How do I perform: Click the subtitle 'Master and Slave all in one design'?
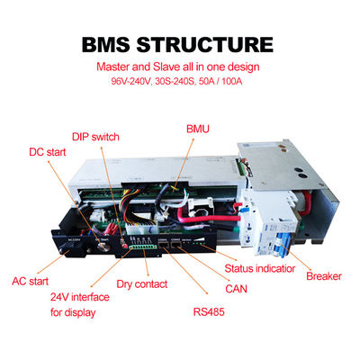180,67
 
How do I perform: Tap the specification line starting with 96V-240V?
180,83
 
